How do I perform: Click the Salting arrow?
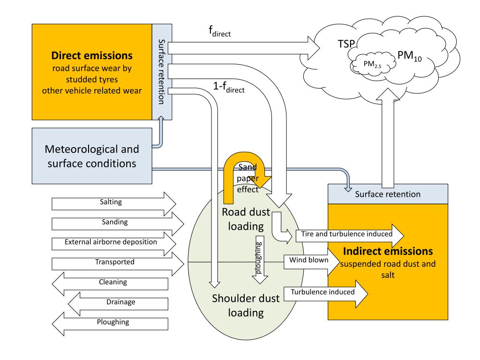point(114,204)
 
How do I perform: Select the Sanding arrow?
point(118,224)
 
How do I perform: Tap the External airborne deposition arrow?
point(114,244)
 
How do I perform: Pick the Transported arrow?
point(118,264)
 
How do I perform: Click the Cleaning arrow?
point(110,284)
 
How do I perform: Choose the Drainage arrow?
point(118,304)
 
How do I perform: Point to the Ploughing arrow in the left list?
point(110,324)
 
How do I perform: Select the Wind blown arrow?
point(312,262)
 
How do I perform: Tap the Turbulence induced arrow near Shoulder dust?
point(326,294)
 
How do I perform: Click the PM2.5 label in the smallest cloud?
point(372,64)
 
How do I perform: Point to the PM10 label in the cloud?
point(410,56)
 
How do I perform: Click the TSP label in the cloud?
point(346,44)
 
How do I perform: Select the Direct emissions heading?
point(92,55)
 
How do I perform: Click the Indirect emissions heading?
point(388,251)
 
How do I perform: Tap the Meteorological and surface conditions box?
point(92,156)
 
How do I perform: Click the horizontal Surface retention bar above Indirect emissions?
point(388,194)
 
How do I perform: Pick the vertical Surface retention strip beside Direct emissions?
point(162,72)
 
